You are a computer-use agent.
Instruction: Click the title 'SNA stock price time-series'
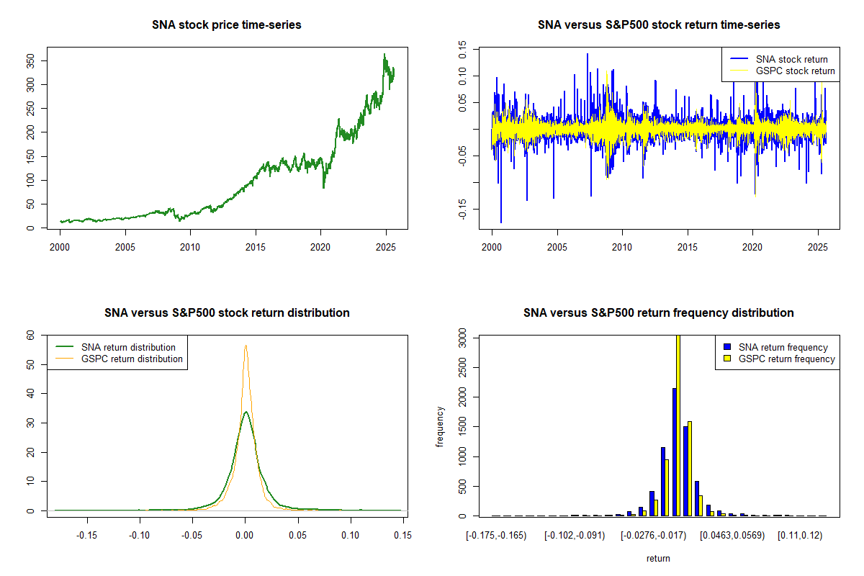(227, 25)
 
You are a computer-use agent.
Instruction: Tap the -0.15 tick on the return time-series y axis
(462, 209)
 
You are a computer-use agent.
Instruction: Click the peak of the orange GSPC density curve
(246, 346)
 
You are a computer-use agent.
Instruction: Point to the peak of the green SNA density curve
(246, 413)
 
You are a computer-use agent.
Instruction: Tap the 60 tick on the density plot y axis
(30, 336)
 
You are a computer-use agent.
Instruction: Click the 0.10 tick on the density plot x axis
(351, 535)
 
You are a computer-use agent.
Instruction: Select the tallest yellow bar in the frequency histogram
(678, 425)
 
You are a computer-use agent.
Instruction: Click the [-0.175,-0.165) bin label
(496, 535)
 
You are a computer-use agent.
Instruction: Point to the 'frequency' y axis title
(441, 426)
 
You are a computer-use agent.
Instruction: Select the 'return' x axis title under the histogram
(658, 558)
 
